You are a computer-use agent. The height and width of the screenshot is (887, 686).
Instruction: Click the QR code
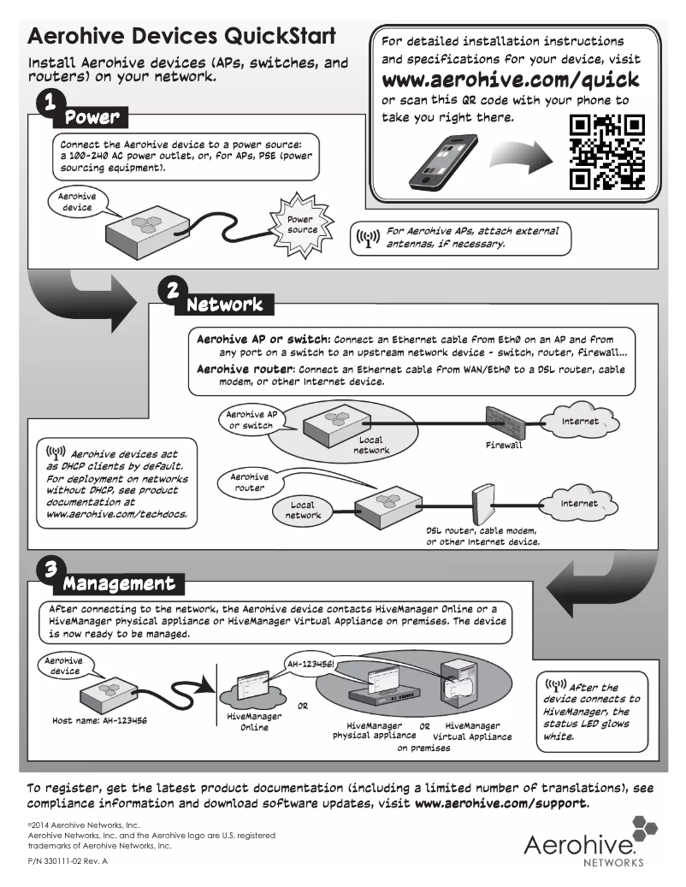606,152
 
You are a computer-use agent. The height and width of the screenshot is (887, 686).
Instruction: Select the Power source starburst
301,224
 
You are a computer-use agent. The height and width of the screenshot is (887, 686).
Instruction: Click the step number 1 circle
51,101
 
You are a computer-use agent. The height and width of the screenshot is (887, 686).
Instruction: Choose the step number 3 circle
49,568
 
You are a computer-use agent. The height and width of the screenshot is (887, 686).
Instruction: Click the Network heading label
224,304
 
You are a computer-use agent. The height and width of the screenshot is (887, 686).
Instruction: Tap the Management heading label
119,584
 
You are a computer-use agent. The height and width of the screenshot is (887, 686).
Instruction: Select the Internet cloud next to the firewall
579,422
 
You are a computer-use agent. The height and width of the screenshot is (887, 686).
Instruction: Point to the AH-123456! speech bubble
310,663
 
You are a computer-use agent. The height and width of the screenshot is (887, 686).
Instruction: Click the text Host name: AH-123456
100,721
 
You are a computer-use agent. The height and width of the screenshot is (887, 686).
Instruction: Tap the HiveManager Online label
253,721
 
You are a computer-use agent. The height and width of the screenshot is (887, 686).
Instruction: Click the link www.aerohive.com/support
501,804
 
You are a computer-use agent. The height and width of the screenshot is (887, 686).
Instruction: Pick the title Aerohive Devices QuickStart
181,37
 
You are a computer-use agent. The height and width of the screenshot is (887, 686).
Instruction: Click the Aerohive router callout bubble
250,482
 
